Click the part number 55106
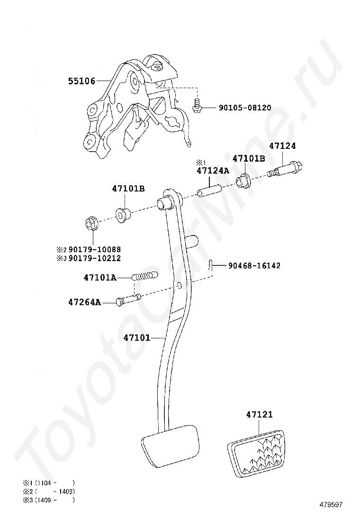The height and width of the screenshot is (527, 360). pyautogui.click(x=81, y=81)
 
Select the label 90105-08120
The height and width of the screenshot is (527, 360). pyautogui.click(x=245, y=108)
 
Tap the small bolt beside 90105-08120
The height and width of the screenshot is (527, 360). pyautogui.click(x=197, y=107)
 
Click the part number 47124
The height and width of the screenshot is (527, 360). pyautogui.click(x=283, y=146)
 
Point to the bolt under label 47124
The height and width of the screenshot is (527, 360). pyautogui.click(x=286, y=169)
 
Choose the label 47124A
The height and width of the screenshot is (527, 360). pyautogui.click(x=213, y=171)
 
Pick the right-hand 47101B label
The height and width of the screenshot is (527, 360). pyautogui.click(x=249, y=159)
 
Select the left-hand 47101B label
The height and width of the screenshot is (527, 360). pyautogui.click(x=128, y=188)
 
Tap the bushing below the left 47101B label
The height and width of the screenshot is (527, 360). pyautogui.click(x=123, y=214)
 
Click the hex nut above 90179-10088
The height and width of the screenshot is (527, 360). pyautogui.click(x=91, y=222)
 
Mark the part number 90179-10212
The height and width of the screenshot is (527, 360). pyautogui.click(x=94, y=258)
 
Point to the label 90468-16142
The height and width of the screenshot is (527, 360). pyautogui.click(x=253, y=266)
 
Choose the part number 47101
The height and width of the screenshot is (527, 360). pyautogui.click(x=137, y=338)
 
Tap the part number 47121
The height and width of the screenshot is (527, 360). pyautogui.click(x=259, y=415)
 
